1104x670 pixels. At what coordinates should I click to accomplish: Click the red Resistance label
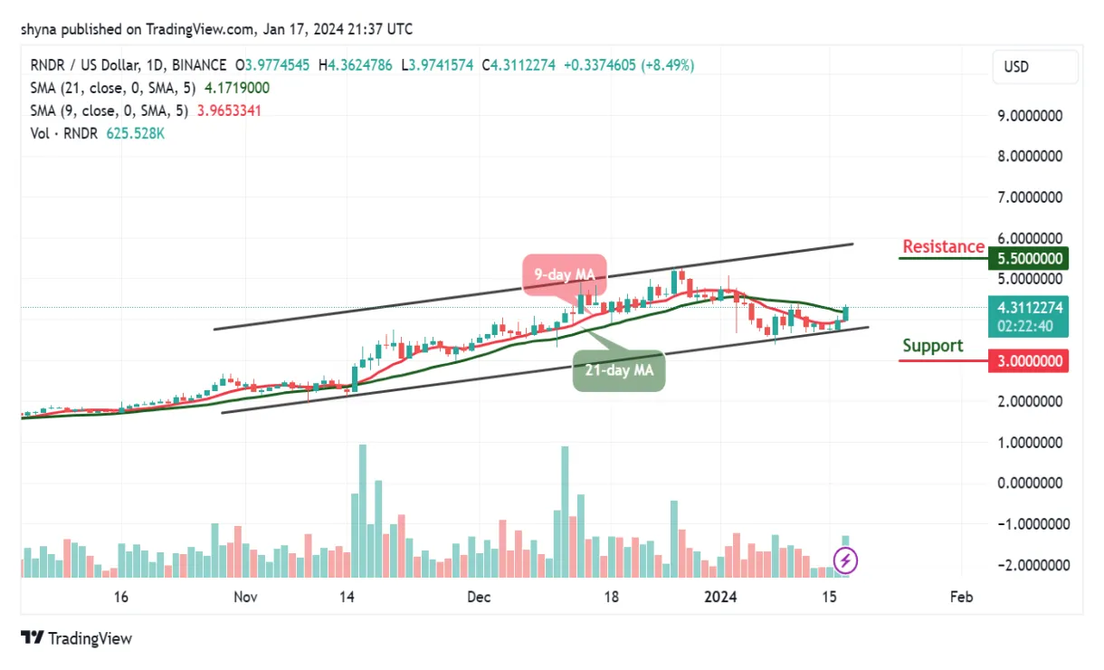pos(943,246)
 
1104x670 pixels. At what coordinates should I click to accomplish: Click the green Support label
pos(932,346)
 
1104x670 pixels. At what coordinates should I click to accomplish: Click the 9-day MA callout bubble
pos(563,273)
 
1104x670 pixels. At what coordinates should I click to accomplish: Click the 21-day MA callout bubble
pos(619,369)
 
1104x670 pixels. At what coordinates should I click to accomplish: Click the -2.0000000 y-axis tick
pos(1028,565)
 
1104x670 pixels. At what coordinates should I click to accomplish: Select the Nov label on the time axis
pos(245,598)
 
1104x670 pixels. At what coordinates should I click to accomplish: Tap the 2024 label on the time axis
pos(720,598)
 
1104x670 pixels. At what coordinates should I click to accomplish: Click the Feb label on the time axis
pos(961,598)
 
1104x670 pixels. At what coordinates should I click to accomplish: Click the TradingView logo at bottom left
pos(76,638)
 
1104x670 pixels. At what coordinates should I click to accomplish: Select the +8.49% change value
pos(668,65)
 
